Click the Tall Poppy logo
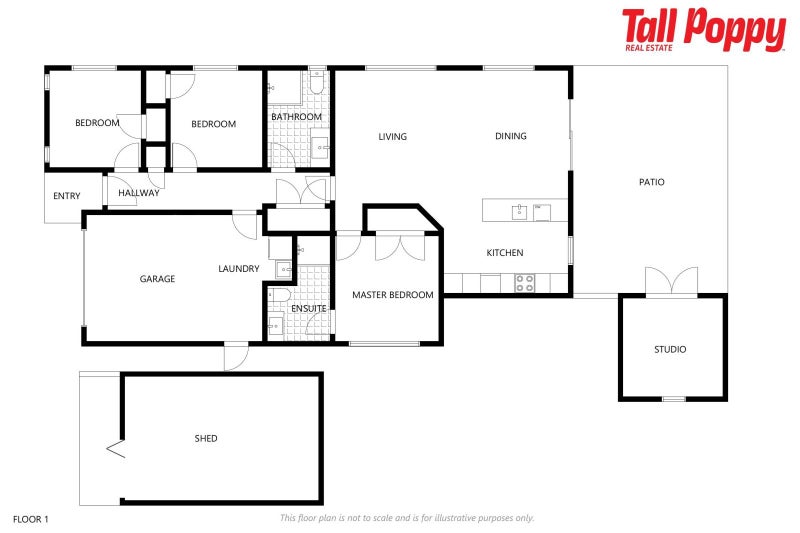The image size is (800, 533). click(x=703, y=30)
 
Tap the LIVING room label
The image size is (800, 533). click(x=392, y=137)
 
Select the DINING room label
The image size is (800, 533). click(x=510, y=137)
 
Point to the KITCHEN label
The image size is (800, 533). click(x=504, y=253)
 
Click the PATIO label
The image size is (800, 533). click(x=651, y=182)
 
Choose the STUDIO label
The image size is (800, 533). click(x=670, y=350)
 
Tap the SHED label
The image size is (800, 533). click(x=206, y=439)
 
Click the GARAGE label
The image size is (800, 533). click(x=157, y=279)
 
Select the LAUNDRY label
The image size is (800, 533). click(x=239, y=269)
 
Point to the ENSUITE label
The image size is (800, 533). click(x=308, y=309)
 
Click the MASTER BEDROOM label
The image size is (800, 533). click(x=392, y=295)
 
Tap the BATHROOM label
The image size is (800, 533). click(x=296, y=117)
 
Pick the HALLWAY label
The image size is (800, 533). click(x=138, y=193)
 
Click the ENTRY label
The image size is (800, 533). click(x=67, y=196)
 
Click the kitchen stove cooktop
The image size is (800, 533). click(x=525, y=283)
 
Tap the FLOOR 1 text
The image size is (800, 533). click(x=30, y=519)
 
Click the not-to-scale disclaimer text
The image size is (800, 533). click(x=407, y=518)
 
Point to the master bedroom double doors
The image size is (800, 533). click(x=400, y=247)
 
